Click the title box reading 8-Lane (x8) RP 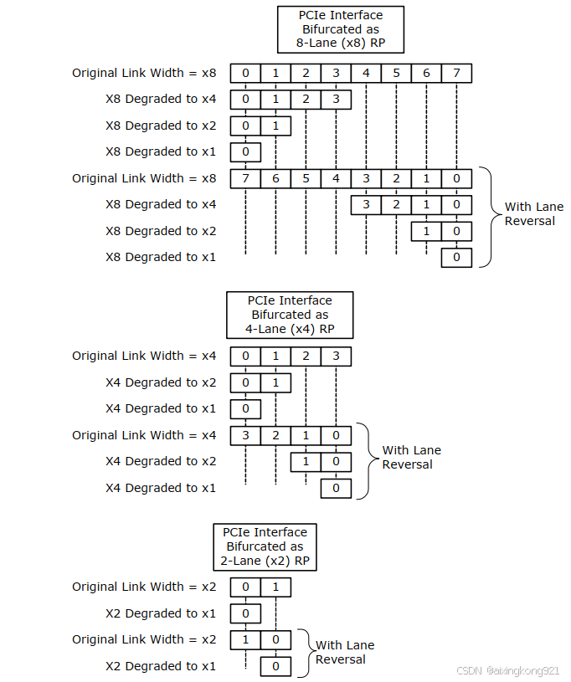(x=340, y=30)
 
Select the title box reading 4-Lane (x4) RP (x=290, y=315)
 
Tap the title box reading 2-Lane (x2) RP (x=265, y=546)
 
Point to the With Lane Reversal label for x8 (x=533, y=213)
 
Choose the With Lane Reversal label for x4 (x=411, y=457)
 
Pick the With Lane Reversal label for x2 (x=344, y=652)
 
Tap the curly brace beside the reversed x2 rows (x=305, y=653)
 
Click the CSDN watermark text (x=507, y=671)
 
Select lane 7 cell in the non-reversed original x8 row (x=456, y=73)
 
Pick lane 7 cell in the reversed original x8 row (x=245, y=178)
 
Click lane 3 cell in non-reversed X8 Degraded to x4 (x=336, y=100)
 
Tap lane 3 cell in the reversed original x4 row (x=245, y=435)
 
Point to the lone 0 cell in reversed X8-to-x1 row (x=456, y=257)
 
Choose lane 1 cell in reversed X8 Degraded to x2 (x=426, y=231)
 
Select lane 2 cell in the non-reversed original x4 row (x=306, y=356)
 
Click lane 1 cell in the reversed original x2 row (x=245, y=640)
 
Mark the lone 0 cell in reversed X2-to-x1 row (x=275, y=666)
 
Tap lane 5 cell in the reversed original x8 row (x=306, y=178)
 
